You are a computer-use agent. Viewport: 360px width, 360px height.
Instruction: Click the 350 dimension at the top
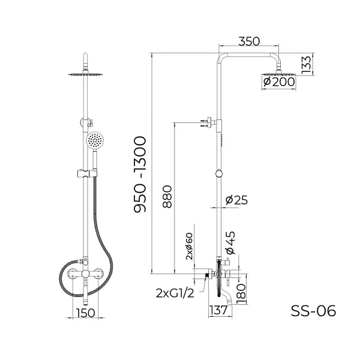[x=248, y=41]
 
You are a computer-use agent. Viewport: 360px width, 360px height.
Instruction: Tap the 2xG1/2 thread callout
[x=174, y=294]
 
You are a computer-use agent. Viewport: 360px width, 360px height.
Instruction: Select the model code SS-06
[x=313, y=311]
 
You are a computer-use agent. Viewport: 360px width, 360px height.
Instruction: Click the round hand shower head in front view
[x=94, y=141]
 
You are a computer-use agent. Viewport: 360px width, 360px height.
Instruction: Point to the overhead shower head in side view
[x=279, y=74]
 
